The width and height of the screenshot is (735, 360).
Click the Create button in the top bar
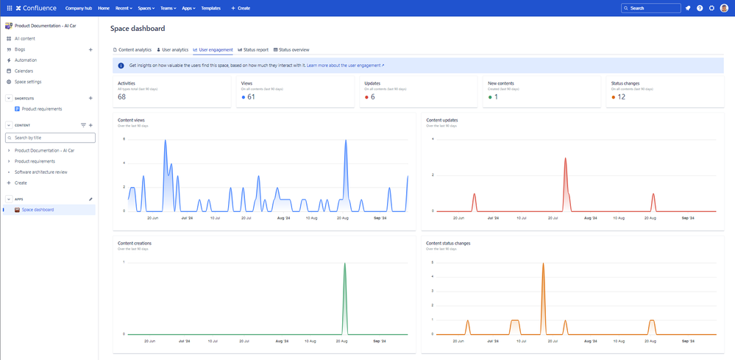pos(241,8)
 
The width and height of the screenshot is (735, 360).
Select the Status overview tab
pos(294,49)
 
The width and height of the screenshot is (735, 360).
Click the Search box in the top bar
pos(650,8)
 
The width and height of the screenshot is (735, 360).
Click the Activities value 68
pos(121,97)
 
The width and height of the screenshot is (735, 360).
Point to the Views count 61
pos(251,97)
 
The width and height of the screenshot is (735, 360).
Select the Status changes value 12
pos(621,97)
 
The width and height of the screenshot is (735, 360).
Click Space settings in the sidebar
pos(28,82)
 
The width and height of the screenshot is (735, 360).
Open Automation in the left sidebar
pos(26,60)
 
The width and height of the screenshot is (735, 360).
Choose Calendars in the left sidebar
pos(24,71)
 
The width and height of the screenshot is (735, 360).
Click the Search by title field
pos(50,138)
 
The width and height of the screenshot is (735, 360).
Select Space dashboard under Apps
pos(38,210)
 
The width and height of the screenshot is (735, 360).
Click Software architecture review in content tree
pos(41,172)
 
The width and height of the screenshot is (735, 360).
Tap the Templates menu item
pos(210,8)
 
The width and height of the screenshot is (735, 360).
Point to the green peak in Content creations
pos(344,264)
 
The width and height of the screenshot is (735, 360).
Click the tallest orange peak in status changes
pos(543,264)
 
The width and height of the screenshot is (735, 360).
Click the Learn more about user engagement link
pos(345,66)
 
